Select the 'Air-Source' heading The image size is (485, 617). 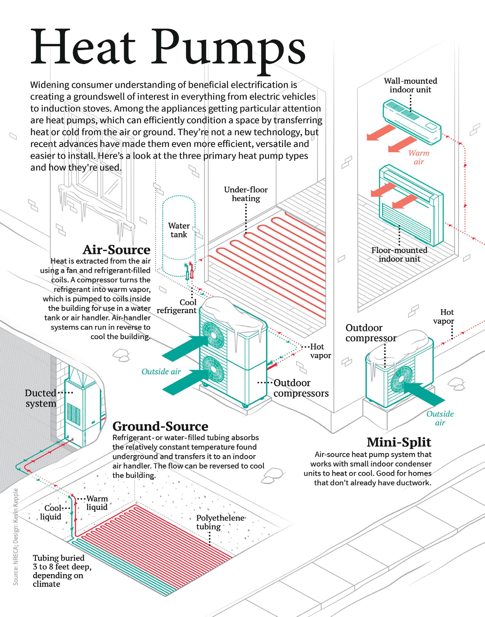coord(116,250)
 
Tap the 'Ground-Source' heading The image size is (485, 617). coord(160,426)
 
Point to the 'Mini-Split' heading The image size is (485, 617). coord(399,442)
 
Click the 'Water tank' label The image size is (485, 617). coord(179,230)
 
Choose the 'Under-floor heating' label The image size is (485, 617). coord(246,194)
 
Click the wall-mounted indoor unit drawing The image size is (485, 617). coord(412,121)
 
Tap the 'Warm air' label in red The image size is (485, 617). coord(419,157)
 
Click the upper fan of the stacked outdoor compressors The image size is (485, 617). coord(212,335)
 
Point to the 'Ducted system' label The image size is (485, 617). coord(41,398)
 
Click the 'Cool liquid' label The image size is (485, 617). coord(51,512)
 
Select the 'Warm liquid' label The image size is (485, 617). coord(97,503)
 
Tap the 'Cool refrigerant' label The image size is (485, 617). coord(177,306)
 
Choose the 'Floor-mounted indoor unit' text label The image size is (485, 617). coord(399,254)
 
